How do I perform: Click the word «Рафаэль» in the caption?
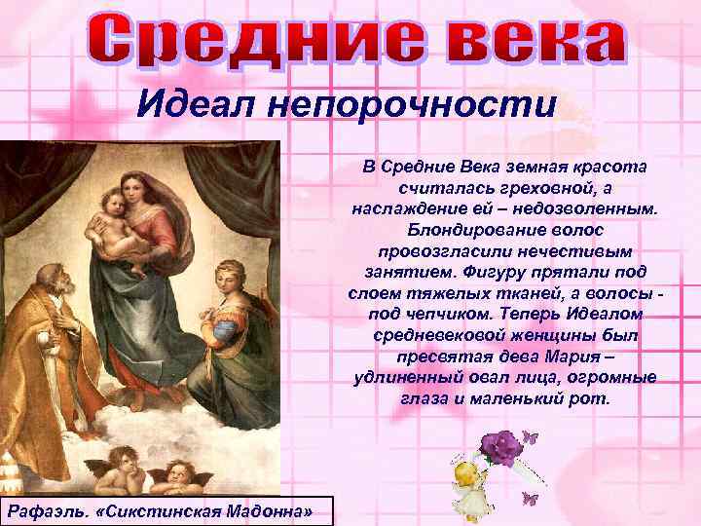[x=49, y=510]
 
